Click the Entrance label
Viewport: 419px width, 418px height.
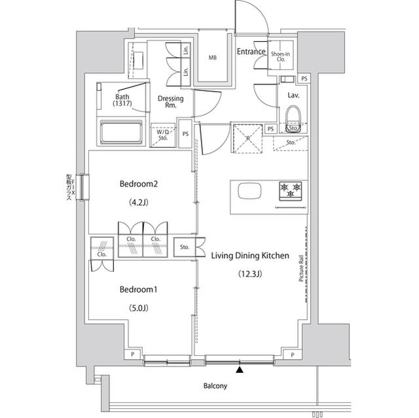[x=251, y=52]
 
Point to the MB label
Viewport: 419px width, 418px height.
[x=212, y=58]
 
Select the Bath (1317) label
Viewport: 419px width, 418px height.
[x=122, y=99]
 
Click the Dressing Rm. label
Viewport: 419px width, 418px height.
[x=170, y=101]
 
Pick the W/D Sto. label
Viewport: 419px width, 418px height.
[x=163, y=135]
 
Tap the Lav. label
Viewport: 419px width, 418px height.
[x=293, y=95]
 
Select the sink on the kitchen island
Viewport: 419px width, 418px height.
[x=249, y=191]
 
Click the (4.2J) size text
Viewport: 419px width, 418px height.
[x=139, y=202]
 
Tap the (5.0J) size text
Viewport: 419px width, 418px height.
[x=139, y=307]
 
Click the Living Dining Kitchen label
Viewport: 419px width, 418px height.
[x=249, y=256]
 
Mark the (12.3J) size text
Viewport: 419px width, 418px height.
[x=249, y=274]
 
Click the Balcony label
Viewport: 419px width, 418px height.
[x=214, y=386]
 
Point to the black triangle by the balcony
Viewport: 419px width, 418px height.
[x=240, y=371]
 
